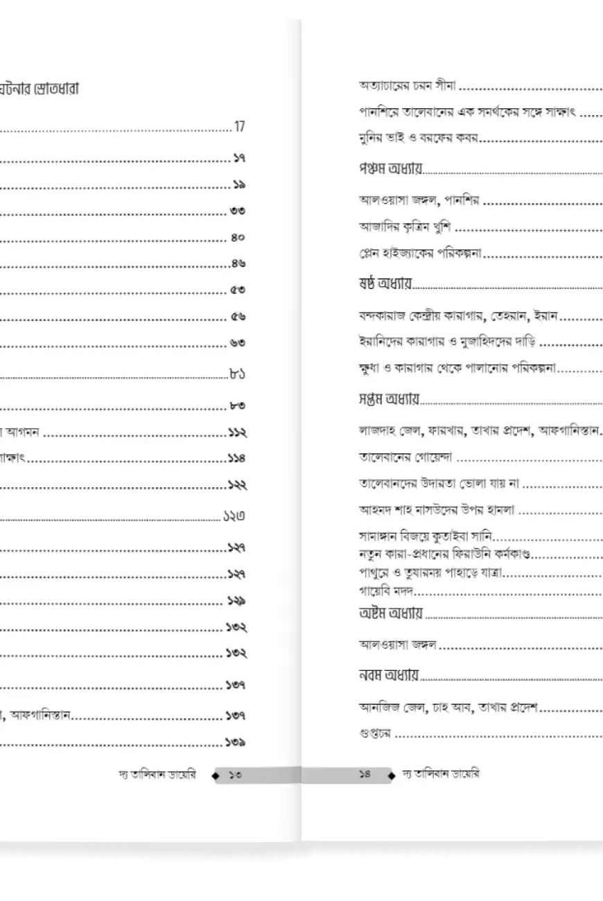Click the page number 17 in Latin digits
[x=240, y=127]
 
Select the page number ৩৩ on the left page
[x=237, y=211]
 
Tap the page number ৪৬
[x=238, y=264]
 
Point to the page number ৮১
[x=238, y=375]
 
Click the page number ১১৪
[x=236, y=458]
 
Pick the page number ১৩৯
[x=236, y=743]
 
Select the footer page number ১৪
[x=365, y=775]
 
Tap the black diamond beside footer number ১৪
[x=392, y=775]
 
